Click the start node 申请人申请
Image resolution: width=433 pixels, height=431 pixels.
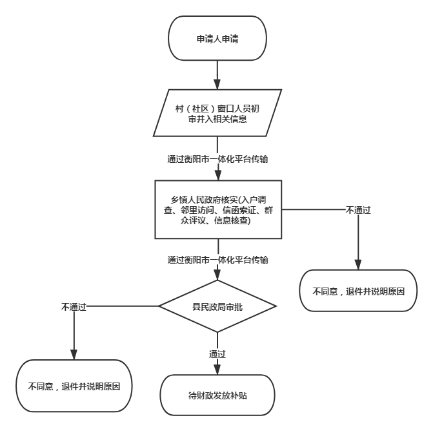(217, 38)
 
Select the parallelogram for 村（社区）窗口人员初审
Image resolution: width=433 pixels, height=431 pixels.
(217, 113)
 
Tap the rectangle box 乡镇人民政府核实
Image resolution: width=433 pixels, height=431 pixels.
(218, 209)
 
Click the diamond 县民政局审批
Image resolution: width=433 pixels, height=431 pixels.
(217, 306)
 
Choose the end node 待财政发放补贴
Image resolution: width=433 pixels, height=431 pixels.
(217, 395)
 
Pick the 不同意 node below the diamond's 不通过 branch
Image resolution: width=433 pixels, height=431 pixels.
(74, 386)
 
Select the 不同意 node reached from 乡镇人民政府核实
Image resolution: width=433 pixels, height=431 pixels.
(358, 291)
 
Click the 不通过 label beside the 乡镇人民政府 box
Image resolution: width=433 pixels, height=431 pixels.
(358, 210)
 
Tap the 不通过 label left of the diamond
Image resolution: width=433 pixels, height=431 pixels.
(74, 307)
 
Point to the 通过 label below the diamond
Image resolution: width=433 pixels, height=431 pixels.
(217, 354)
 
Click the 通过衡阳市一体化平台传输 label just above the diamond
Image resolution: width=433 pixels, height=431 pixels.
(217, 260)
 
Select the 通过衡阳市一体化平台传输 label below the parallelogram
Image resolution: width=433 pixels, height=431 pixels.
(217, 159)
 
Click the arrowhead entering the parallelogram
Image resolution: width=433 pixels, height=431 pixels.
(217, 84)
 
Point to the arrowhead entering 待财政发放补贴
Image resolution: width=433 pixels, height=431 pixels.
(217, 370)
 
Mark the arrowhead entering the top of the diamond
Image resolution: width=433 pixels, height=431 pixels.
(217, 275)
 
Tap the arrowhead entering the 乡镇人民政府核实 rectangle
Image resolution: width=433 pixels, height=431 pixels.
(218, 176)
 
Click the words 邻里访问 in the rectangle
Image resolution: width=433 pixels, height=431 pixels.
(197, 210)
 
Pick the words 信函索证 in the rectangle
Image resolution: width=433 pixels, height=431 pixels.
(239, 210)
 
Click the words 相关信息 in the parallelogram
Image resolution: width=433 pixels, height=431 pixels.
(230, 119)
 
